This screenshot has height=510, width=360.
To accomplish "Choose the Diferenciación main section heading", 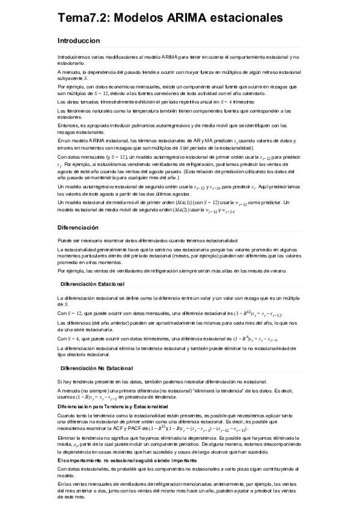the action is [78, 228].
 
